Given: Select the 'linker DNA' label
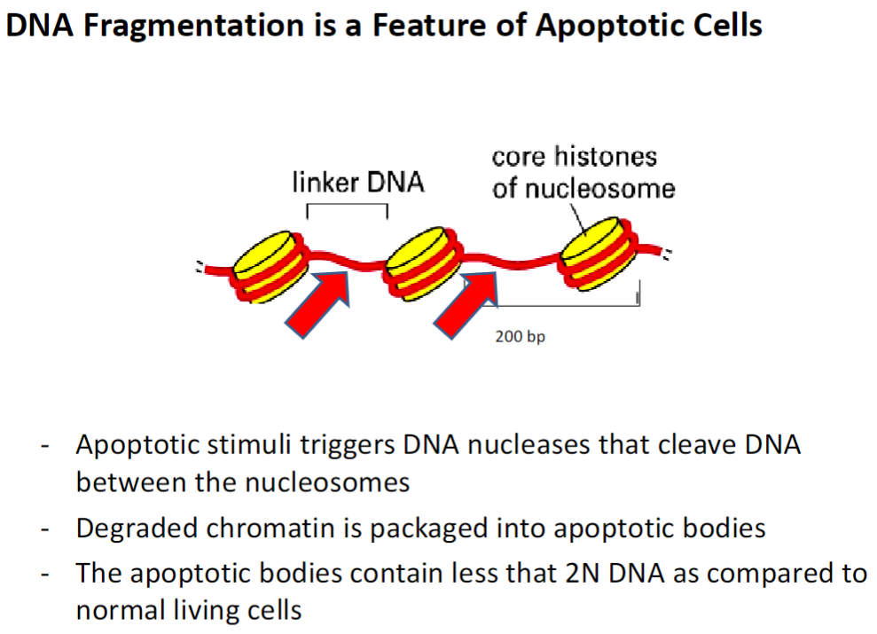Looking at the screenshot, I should pyautogui.click(x=358, y=184).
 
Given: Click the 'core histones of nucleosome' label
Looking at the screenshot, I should pyautogui.click(x=583, y=172).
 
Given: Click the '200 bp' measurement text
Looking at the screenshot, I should pyautogui.click(x=515, y=337).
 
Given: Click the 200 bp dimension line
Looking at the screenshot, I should pyautogui.click(x=568, y=306).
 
